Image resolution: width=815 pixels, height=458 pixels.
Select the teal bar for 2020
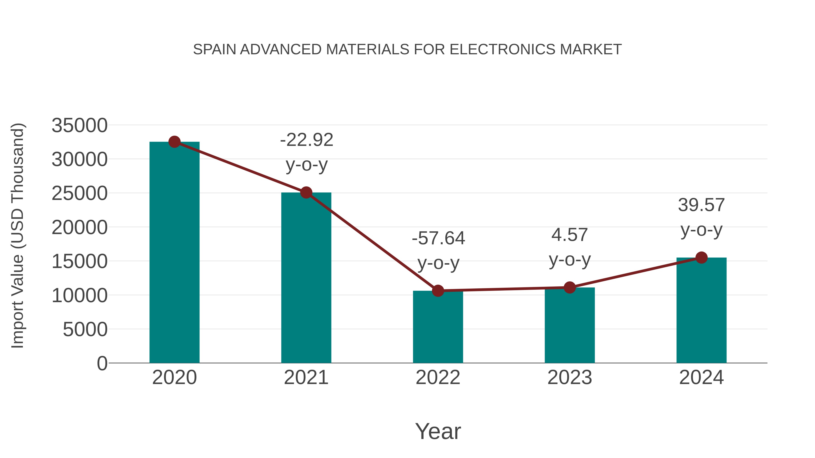coord(174,253)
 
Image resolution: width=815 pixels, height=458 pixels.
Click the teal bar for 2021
coord(306,278)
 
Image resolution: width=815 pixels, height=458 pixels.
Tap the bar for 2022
coord(438,327)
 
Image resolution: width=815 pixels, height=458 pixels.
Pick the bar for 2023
coord(570,325)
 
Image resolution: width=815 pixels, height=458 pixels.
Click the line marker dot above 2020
coord(174,142)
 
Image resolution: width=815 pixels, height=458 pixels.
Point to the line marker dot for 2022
coord(438,290)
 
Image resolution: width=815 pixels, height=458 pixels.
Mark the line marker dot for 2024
coord(701,258)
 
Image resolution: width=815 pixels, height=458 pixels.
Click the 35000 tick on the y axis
coord(79,126)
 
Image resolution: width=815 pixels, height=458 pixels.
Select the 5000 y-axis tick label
coord(85,330)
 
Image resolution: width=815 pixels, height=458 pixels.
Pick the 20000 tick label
coord(79,228)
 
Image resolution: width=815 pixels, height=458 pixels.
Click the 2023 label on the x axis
coord(570,377)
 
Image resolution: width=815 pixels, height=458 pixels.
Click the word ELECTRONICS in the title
coord(502,50)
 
